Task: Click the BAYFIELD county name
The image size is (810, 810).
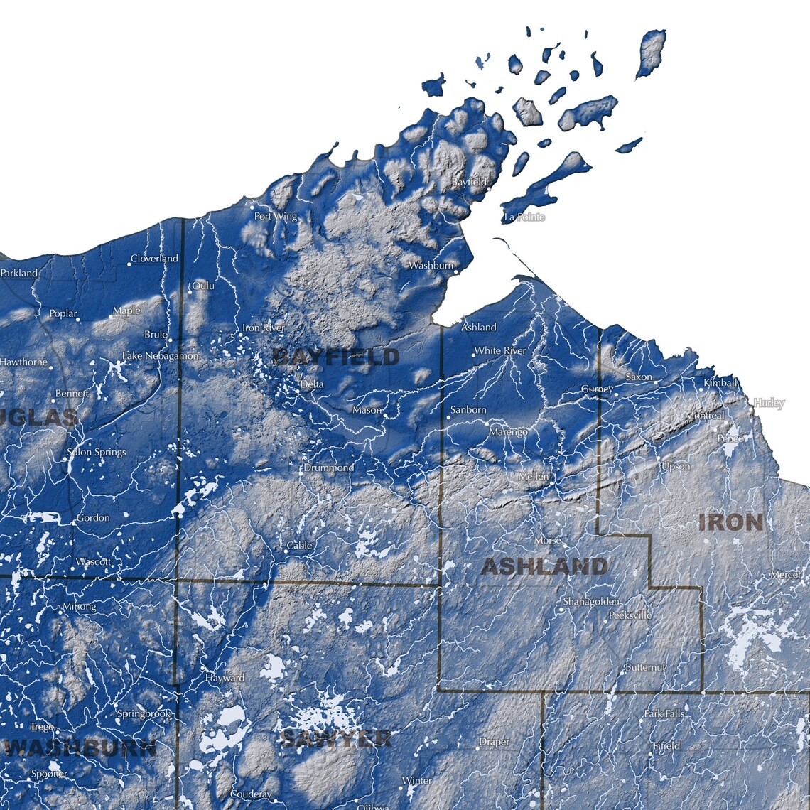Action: [x=336, y=357]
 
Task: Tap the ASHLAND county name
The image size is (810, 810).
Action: [x=544, y=566]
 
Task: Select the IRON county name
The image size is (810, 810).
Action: [x=731, y=522]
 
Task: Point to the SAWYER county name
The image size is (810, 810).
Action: [x=335, y=738]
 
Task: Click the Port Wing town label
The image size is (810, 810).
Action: [x=276, y=216]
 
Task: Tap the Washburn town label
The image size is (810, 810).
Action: [x=431, y=266]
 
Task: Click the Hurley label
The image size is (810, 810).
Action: [x=769, y=403]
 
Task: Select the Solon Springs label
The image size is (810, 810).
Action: [x=96, y=452]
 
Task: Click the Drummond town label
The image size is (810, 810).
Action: [x=328, y=468]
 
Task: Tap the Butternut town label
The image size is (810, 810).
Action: [x=645, y=667]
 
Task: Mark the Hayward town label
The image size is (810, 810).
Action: [x=225, y=678]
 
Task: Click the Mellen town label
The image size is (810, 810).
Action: [x=534, y=476]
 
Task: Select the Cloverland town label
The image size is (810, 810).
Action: [x=154, y=259]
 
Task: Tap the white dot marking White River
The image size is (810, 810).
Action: [x=474, y=354]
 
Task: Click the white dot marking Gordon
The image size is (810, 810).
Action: [x=74, y=522]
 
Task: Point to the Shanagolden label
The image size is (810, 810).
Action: [x=590, y=601]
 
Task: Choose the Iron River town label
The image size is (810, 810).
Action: [x=264, y=328]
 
